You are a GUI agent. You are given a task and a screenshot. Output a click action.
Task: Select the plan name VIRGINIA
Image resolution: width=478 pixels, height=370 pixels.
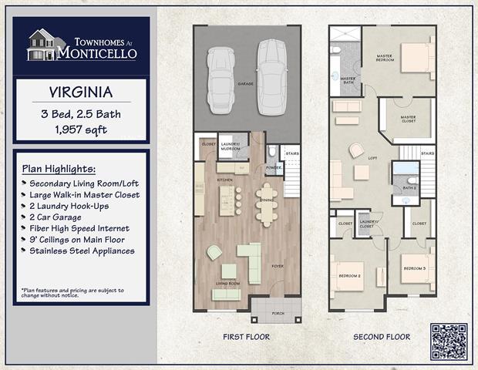pos(81,92)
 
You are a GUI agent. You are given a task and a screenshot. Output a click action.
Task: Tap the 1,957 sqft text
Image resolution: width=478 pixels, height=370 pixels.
pos(81,129)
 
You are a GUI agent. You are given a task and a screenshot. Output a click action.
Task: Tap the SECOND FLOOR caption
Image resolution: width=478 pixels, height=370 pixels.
pos(382,337)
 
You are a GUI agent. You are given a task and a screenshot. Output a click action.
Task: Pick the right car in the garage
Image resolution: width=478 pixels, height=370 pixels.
pos(268,75)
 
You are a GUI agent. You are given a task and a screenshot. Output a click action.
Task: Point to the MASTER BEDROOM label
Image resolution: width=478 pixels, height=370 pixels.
pos(385,58)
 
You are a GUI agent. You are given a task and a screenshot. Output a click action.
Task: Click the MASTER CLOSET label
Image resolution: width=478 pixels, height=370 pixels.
pos(408,119)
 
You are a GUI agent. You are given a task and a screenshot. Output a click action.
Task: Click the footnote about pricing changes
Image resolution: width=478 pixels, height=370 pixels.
pos(72,293)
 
